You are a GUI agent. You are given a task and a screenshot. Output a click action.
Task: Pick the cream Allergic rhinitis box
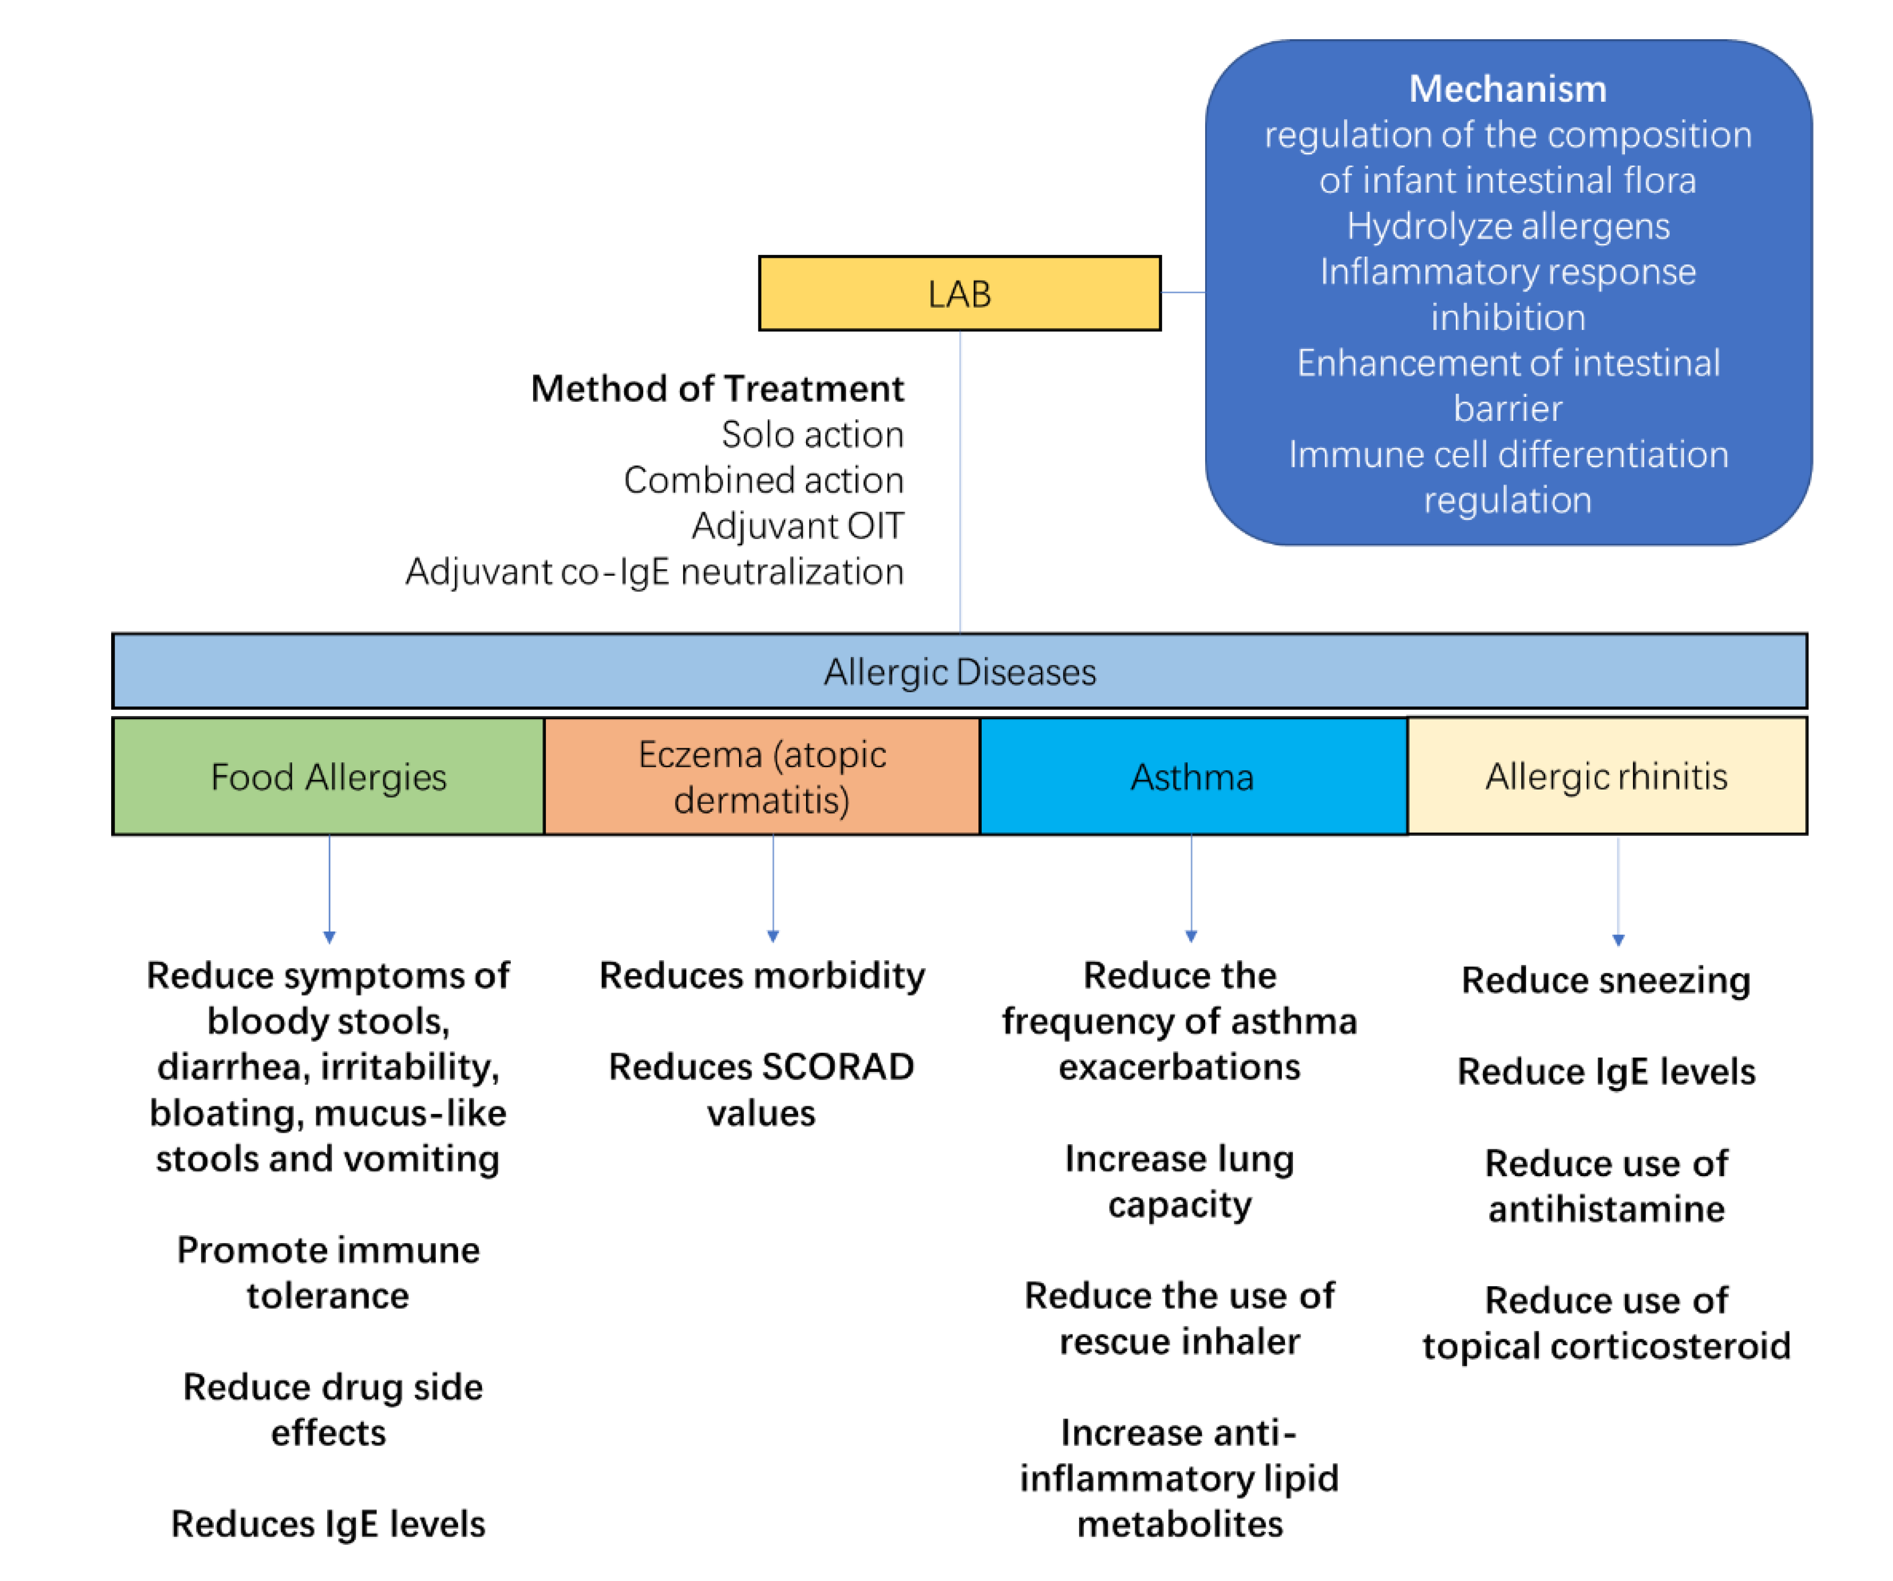pyautogui.click(x=1606, y=776)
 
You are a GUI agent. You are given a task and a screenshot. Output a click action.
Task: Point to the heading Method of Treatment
pyautogui.click(x=717, y=389)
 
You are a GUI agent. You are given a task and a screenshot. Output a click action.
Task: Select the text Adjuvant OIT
pyautogui.click(x=798, y=526)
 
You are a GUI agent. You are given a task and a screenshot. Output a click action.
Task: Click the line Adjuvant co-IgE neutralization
pyautogui.click(x=655, y=572)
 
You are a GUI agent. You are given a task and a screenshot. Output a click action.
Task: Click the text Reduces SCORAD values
pyautogui.click(x=762, y=1089)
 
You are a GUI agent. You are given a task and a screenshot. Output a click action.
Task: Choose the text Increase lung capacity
pyautogui.click(x=1179, y=1181)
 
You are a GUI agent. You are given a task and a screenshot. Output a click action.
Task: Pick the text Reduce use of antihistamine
pyautogui.click(x=1606, y=1186)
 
